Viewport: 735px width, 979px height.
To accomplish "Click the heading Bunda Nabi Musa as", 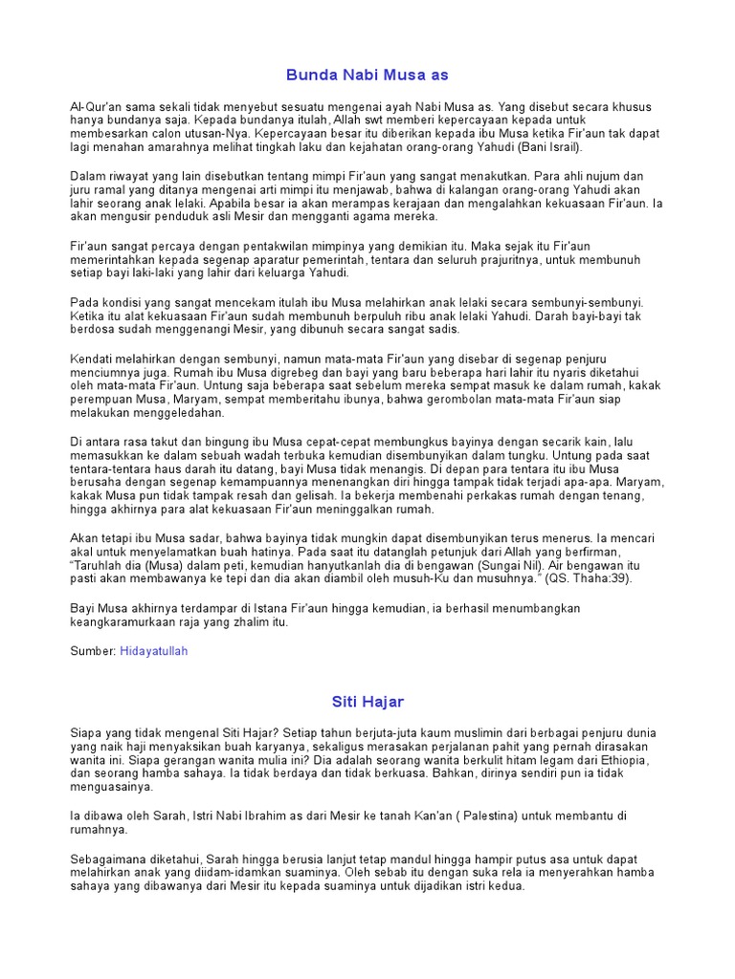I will pos(367,74).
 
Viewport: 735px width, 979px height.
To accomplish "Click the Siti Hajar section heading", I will pos(367,701).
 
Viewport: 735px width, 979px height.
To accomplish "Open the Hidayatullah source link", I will pos(154,650).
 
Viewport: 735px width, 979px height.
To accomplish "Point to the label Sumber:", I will pos(94,650).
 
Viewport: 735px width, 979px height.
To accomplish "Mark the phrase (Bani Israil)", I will pos(546,148).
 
